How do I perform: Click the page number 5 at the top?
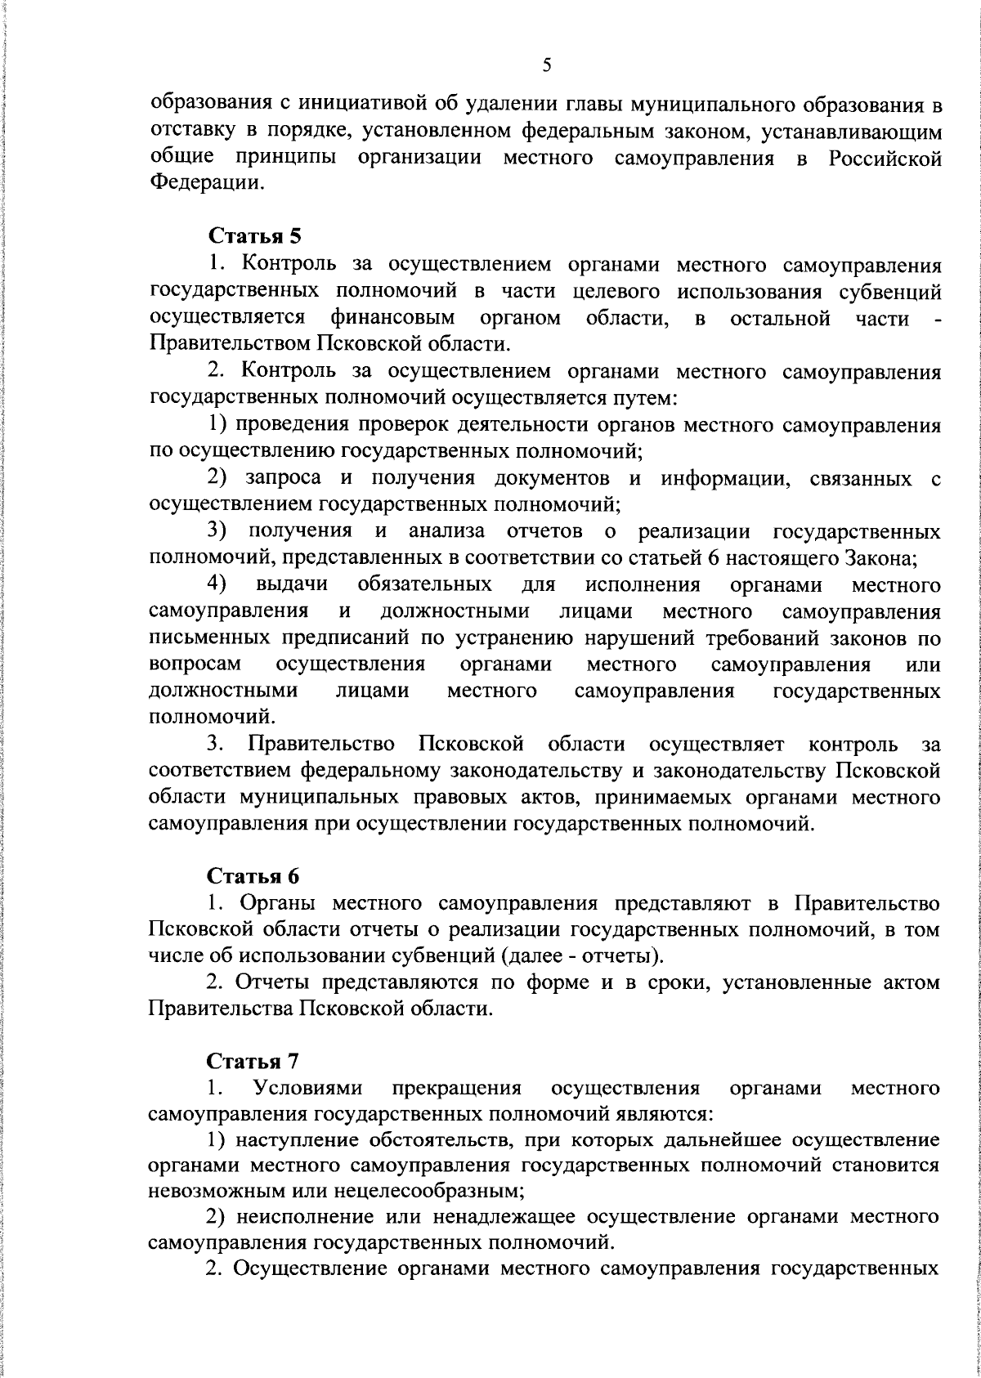pos(547,65)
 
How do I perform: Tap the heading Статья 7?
pos(254,1062)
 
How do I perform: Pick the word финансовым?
pos(393,317)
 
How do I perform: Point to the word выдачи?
pos(292,585)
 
